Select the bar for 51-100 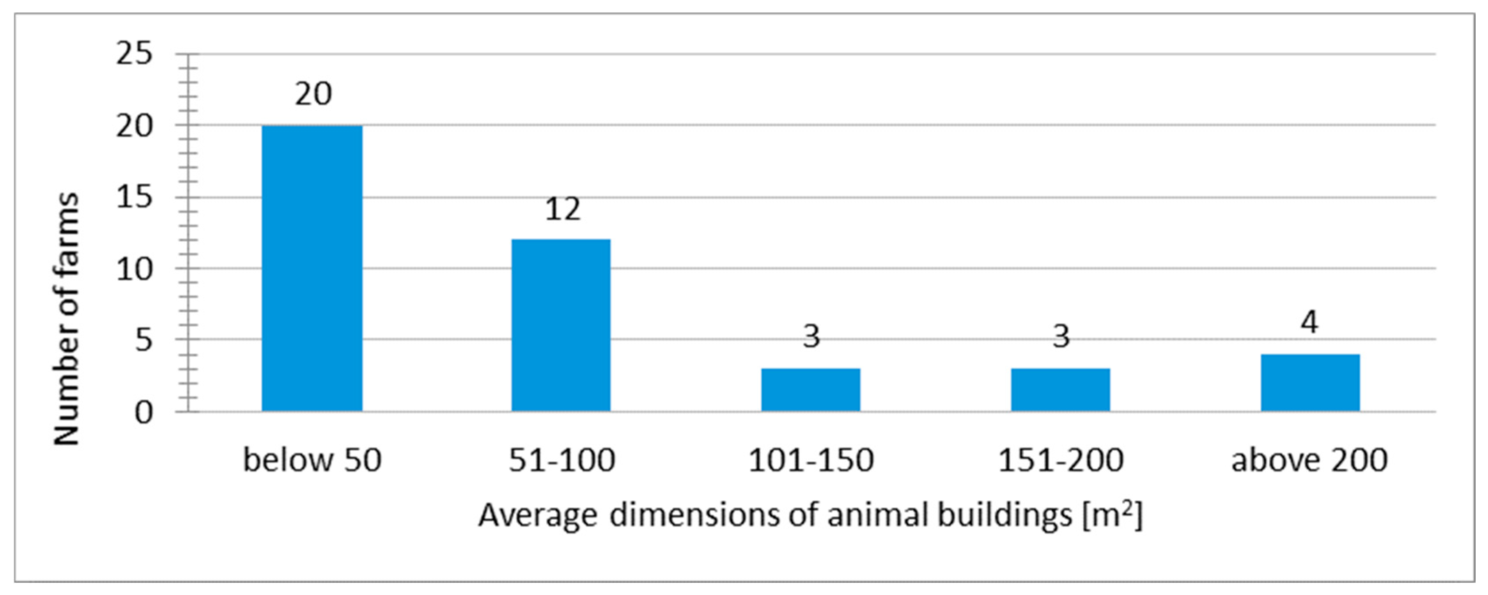point(561,325)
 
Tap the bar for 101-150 point(810,390)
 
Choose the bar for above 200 point(1310,383)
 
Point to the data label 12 point(562,209)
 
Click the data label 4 point(1310,322)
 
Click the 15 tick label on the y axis point(134,197)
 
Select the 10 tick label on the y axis point(134,269)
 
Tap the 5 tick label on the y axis point(144,340)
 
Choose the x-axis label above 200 point(1310,460)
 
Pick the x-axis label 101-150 point(811,460)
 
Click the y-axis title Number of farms point(66,319)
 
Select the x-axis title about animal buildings point(810,515)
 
